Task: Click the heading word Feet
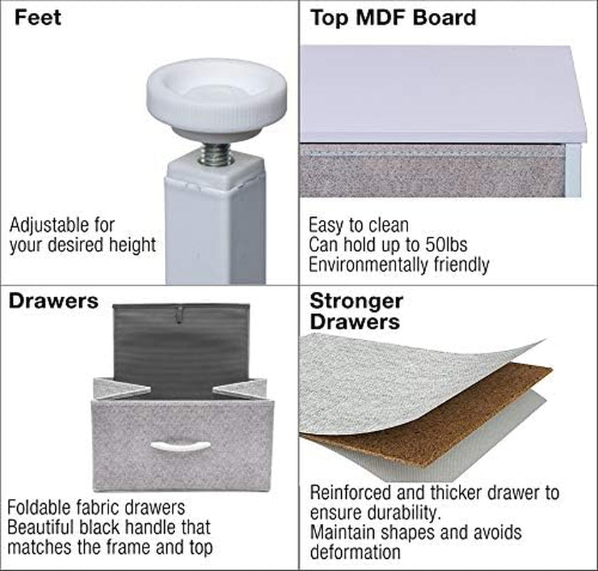pyautogui.click(x=38, y=18)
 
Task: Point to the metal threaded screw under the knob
pyautogui.click(x=216, y=153)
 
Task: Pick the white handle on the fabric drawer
pyautogui.click(x=180, y=447)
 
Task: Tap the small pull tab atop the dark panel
pyautogui.click(x=179, y=315)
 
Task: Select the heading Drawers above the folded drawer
pyautogui.click(x=54, y=301)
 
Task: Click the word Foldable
pyautogui.click(x=40, y=507)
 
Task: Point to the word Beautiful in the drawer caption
pyautogui.click(x=41, y=527)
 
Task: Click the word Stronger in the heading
pyautogui.click(x=356, y=302)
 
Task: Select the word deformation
pyautogui.click(x=355, y=552)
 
